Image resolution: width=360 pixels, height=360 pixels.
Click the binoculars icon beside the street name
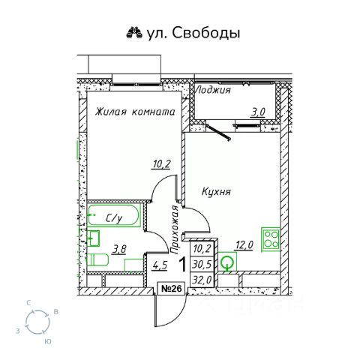134,33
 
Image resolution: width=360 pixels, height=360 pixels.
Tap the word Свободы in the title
206,33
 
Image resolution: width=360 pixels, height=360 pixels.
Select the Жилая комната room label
135,112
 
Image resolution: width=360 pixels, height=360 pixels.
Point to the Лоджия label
213,90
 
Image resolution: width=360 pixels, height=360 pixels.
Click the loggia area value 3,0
258,112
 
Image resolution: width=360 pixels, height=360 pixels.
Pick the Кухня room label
216,192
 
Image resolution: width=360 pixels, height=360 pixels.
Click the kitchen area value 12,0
244,245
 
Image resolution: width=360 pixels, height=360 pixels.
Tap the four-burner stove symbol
271,238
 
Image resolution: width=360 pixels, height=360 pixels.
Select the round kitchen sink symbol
227,262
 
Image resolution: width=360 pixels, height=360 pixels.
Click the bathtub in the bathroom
113,215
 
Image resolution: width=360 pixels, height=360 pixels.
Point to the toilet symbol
97,260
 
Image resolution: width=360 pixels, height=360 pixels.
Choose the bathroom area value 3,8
119,250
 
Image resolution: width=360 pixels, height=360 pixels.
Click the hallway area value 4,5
160,265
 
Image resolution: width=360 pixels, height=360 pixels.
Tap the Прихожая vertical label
175,229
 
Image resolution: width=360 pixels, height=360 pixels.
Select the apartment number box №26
171,289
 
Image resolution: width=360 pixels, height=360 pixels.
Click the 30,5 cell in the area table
202,264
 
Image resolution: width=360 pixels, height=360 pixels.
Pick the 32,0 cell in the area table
202,280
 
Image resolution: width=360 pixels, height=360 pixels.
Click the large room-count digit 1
183,265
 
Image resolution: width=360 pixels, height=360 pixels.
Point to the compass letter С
28,304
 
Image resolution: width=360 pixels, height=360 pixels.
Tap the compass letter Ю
47,341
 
